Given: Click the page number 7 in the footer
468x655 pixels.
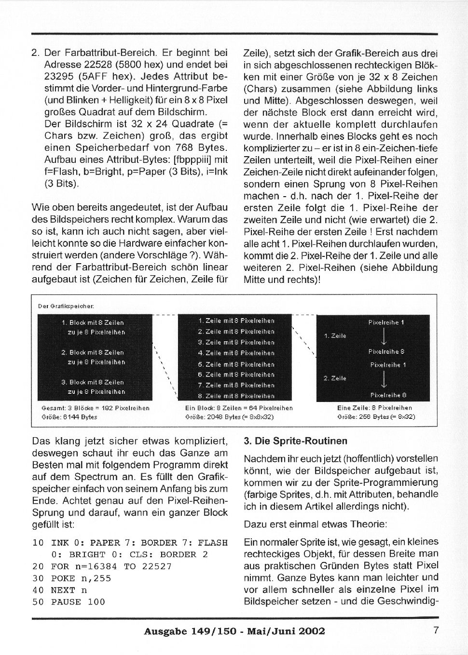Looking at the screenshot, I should tap(436, 630).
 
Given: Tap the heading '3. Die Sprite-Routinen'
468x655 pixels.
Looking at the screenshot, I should tap(295, 441).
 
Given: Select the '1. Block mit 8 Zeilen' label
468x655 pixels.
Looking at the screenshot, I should tap(93, 322).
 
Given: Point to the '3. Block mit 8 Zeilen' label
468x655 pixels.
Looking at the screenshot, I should tap(93, 382).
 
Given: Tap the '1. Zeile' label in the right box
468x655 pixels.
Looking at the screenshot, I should tap(335, 336).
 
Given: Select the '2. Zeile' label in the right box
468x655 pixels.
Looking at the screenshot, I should tap(335, 378).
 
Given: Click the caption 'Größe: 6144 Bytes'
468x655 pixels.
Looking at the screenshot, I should tap(70, 417).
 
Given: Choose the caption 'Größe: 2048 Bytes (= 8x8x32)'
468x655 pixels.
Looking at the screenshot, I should tap(230, 417).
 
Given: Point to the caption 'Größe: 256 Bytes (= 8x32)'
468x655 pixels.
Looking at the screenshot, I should tap(376, 417).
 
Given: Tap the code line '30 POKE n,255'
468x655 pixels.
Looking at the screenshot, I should tap(71, 578).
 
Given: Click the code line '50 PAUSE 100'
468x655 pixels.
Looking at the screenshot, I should tap(69, 602).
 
